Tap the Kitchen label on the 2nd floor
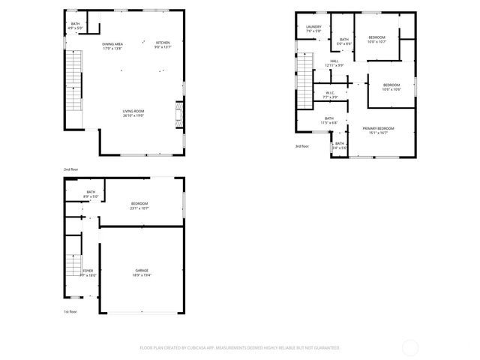(163, 44)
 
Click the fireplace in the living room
(178, 115)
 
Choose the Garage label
(142, 273)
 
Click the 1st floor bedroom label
(139, 205)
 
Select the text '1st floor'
(70, 311)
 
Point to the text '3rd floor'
(301, 146)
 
